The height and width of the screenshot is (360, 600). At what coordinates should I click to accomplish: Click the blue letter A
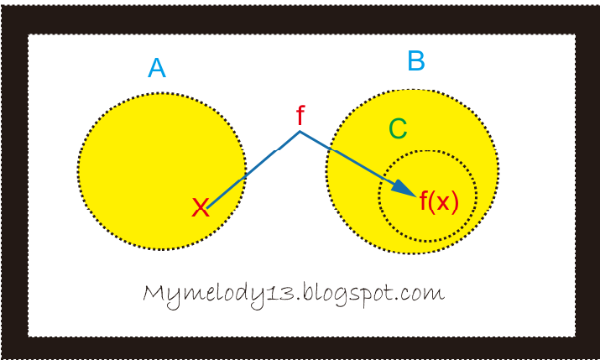(156, 68)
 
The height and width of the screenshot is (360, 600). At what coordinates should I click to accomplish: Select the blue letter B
(416, 61)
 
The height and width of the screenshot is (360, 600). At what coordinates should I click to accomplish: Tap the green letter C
(398, 129)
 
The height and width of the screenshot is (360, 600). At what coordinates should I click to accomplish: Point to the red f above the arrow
(300, 117)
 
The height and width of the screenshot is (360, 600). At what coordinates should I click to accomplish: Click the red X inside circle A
(200, 207)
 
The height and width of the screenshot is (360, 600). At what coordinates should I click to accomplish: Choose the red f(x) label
(439, 202)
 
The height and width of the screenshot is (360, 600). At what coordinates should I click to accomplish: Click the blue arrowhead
(404, 190)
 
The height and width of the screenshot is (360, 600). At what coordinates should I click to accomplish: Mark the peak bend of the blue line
(299, 133)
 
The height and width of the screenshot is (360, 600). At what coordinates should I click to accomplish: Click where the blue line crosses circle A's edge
(244, 177)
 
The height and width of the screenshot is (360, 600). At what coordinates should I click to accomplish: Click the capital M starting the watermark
(154, 294)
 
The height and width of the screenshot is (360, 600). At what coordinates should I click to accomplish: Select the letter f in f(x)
(425, 201)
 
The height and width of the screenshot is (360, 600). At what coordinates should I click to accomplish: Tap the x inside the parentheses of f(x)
(443, 204)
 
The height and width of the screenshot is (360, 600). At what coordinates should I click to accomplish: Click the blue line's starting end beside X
(210, 205)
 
